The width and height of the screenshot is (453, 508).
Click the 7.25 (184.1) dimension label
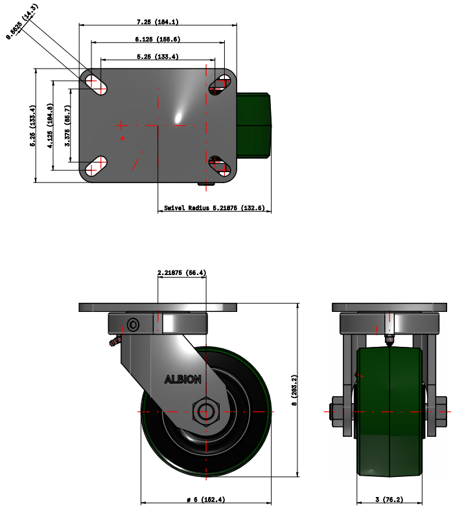(x=157, y=22)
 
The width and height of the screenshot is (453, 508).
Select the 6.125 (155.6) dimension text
(x=157, y=39)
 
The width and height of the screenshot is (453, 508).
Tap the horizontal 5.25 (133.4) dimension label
(x=157, y=57)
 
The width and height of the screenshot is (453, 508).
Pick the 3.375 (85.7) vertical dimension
(x=67, y=125)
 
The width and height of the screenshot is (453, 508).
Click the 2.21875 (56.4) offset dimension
(x=182, y=273)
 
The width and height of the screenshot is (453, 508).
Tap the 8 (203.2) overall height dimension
(x=295, y=391)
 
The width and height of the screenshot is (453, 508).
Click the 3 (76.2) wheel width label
(x=389, y=499)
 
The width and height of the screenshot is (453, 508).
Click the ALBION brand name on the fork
(x=183, y=379)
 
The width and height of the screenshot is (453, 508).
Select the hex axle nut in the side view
(x=205, y=411)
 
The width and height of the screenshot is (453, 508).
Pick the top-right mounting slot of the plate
(x=220, y=83)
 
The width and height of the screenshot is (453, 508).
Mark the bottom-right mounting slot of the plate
(x=220, y=167)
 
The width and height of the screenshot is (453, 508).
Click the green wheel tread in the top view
(x=254, y=125)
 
